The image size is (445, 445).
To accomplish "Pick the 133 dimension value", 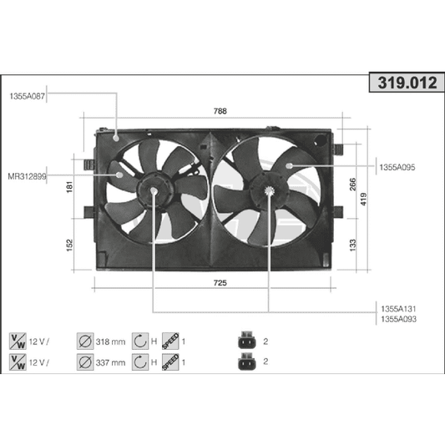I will click(x=352, y=244).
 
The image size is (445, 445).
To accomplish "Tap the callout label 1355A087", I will click(x=28, y=97).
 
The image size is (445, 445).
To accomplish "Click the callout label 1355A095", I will click(x=397, y=168).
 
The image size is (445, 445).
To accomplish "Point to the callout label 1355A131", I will click(x=397, y=308).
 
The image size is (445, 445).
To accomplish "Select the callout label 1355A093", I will click(x=397, y=319).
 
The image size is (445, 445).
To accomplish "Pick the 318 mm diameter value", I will click(x=111, y=341).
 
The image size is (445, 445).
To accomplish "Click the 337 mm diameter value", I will click(x=111, y=362).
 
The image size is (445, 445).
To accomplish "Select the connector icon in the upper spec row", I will click(x=245, y=341).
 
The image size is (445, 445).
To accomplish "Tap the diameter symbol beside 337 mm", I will click(x=84, y=362).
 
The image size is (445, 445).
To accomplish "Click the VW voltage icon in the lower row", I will click(x=17, y=362).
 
